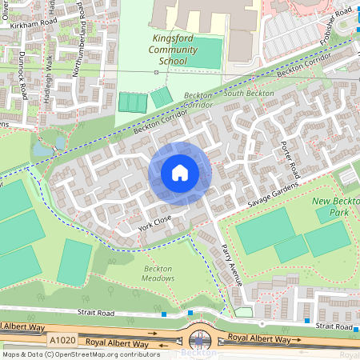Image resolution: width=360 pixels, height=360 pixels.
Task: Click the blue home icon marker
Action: (x=180, y=173)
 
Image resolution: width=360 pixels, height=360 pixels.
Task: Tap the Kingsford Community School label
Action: (x=174, y=50)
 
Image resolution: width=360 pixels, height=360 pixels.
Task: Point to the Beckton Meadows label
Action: (x=158, y=274)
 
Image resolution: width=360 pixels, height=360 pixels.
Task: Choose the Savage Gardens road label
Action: (x=273, y=196)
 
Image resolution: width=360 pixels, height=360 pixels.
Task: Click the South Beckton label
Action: (x=249, y=94)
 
